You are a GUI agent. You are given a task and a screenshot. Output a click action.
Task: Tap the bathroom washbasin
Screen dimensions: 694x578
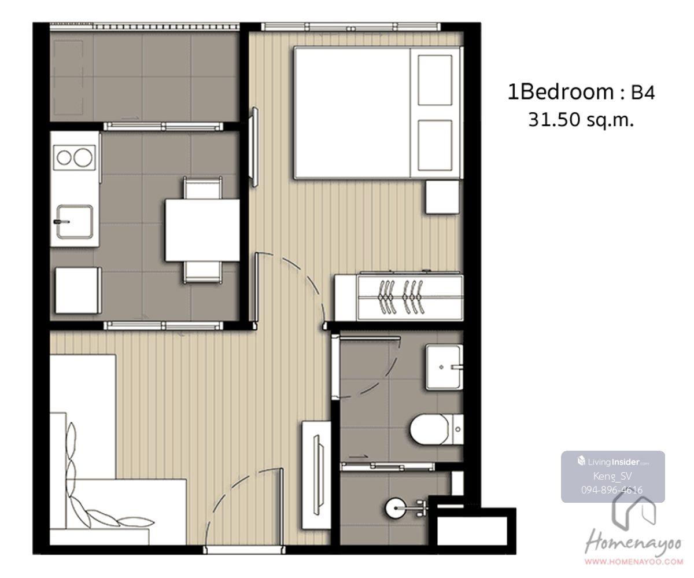click(444, 367)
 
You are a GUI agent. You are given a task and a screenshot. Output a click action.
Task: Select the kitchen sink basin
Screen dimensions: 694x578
click(75, 222)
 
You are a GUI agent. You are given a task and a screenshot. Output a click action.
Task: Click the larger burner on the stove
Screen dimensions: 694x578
click(83, 157)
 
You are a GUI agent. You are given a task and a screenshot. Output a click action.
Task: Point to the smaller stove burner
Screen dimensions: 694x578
click(64, 157)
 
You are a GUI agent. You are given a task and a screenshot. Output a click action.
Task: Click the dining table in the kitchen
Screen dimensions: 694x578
click(202, 230)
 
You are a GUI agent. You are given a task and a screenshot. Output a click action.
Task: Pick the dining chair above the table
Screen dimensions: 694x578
click(203, 188)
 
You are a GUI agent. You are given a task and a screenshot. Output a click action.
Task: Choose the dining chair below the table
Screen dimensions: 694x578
click(203, 273)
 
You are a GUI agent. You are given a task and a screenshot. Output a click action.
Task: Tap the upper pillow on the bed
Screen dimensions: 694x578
click(435, 80)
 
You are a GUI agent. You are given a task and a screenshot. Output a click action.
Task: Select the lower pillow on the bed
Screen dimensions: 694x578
click(435, 145)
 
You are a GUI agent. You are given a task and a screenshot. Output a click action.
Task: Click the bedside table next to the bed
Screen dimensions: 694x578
click(442, 197)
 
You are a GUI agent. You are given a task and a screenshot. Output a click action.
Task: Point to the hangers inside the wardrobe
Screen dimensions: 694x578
click(401, 297)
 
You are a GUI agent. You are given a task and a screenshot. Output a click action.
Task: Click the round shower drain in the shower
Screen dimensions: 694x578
click(396, 508)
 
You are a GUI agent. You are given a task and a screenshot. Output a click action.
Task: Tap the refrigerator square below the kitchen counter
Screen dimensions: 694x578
click(79, 290)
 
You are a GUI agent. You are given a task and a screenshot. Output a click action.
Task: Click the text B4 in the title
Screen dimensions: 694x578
click(643, 93)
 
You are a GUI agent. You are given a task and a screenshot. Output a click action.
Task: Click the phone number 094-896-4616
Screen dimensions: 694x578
click(612, 490)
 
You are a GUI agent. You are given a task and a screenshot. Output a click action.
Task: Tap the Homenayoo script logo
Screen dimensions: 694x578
click(633, 545)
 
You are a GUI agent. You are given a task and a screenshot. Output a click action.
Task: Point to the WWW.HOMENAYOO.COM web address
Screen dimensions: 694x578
click(634, 562)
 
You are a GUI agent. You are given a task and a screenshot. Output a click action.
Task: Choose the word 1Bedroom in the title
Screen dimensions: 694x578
click(560, 92)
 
